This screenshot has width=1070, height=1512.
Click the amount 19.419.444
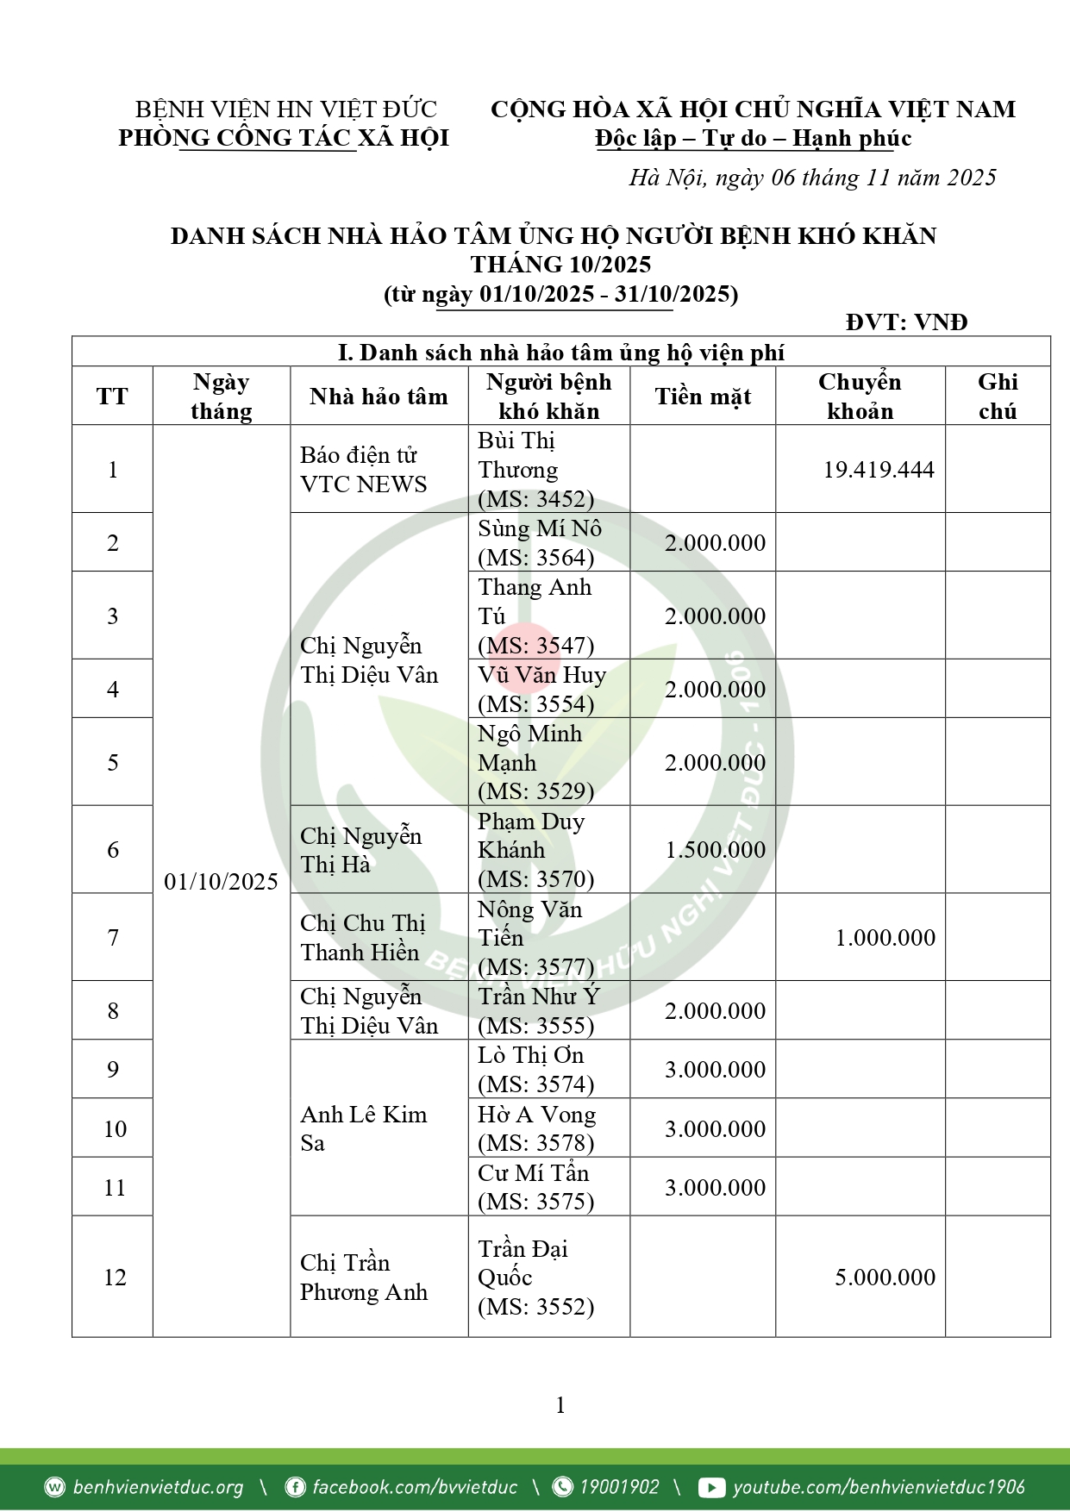pyautogui.click(x=878, y=470)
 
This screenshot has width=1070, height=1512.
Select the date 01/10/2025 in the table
pyautogui.click(x=221, y=881)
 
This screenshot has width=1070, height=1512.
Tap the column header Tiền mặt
pyautogui.click(x=703, y=397)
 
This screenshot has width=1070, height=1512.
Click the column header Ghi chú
pyautogui.click(x=998, y=397)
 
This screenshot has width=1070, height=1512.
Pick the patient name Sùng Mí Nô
pyautogui.click(x=540, y=528)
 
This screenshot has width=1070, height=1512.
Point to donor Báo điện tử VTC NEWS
pyautogui.click(x=363, y=470)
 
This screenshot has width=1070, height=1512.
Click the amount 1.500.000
pyautogui.click(x=715, y=850)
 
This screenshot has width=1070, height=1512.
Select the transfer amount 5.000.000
pyautogui.click(x=885, y=1278)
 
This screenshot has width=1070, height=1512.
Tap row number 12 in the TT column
pyautogui.click(x=115, y=1278)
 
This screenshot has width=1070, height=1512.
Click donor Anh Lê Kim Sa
pyautogui.click(x=363, y=1129)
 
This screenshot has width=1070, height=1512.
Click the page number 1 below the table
pyautogui.click(x=560, y=1406)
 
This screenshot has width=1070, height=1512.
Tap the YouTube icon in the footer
pyautogui.click(x=711, y=1488)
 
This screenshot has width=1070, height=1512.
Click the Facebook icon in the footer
pyautogui.click(x=295, y=1488)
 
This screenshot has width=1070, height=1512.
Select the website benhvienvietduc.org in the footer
pyautogui.click(x=158, y=1488)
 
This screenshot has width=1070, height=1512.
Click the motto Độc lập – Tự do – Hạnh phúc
pyautogui.click(x=753, y=139)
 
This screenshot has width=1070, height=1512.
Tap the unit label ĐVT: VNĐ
pyautogui.click(x=906, y=322)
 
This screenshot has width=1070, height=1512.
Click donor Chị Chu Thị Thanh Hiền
pyautogui.click(x=362, y=938)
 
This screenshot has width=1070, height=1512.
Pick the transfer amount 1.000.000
pyautogui.click(x=885, y=938)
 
